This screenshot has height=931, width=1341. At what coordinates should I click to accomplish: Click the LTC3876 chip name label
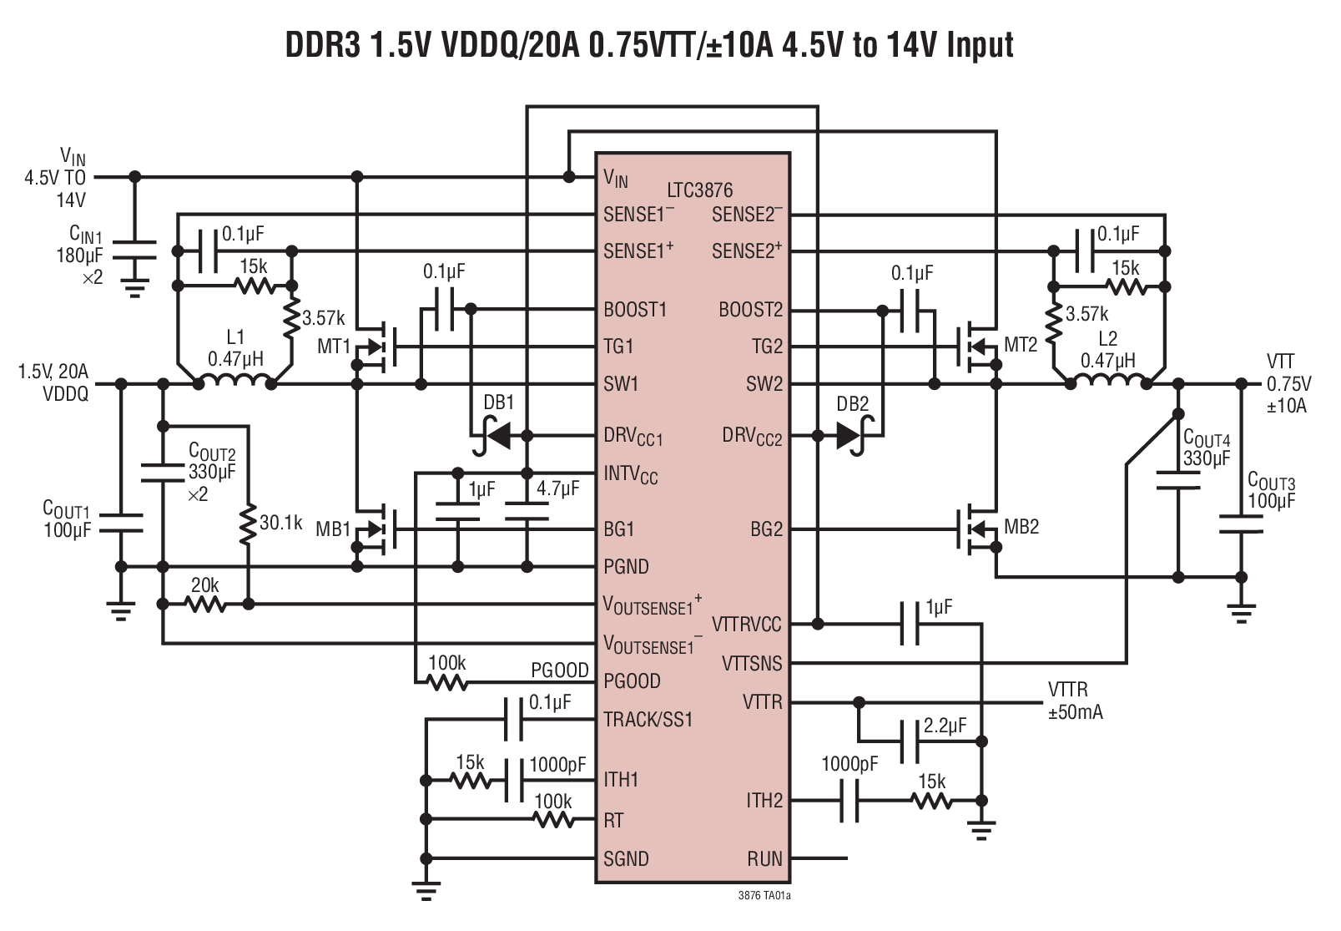699,190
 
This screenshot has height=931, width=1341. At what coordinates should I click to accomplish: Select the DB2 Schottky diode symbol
850,435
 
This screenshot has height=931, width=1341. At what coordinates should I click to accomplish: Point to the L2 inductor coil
1107,381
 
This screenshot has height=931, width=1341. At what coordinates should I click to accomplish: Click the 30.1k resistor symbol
247,524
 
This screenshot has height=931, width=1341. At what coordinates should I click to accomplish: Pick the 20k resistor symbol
205,604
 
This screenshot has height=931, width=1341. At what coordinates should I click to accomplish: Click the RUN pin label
764,858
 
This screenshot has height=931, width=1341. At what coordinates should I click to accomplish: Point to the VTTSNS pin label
751,664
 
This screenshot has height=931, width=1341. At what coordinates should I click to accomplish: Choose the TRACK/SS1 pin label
648,720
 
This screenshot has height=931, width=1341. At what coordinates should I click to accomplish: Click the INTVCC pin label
630,475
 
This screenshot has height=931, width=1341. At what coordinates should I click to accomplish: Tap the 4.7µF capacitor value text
557,489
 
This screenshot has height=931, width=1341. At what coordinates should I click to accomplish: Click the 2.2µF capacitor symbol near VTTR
910,741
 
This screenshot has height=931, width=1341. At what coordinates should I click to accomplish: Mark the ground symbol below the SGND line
426,892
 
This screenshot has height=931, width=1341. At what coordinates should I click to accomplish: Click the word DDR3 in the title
323,45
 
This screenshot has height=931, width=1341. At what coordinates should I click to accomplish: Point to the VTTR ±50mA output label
1075,701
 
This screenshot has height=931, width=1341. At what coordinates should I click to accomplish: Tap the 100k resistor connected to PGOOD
447,683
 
